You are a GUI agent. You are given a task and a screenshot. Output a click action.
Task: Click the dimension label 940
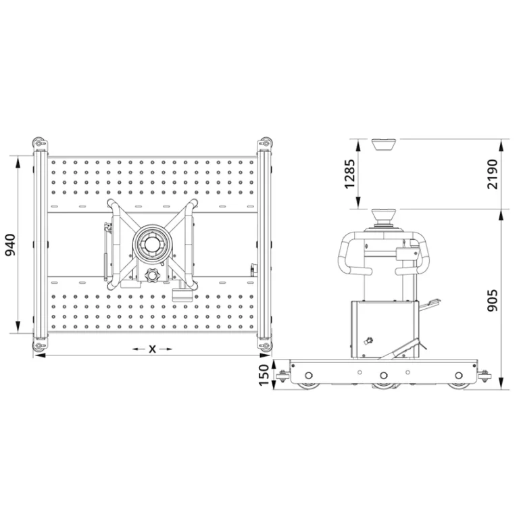point(10,245)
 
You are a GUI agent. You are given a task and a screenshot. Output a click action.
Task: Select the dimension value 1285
point(350,174)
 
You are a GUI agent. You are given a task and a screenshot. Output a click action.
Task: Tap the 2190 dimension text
point(493,174)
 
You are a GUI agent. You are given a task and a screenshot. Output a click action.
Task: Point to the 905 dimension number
point(493,300)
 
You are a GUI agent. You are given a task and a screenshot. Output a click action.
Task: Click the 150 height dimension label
point(264,375)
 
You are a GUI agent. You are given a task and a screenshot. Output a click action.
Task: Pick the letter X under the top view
point(152,349)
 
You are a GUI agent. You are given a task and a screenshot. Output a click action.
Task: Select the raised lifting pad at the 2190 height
point(383,145)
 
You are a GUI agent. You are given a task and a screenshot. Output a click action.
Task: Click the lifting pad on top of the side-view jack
point(383,217)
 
